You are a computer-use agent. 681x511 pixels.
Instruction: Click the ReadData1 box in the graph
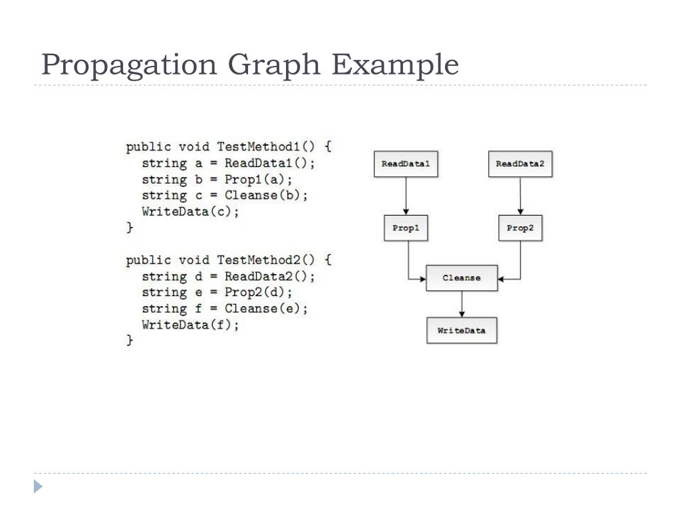click(x=406, y=164)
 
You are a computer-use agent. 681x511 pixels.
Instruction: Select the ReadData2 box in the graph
click(x=520, y=164)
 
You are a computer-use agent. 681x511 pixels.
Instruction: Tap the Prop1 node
click(x=406, y=228)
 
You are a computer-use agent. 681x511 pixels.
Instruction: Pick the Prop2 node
click(x=520, y=228)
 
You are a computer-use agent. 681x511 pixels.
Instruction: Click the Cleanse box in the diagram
click(x=462, y=278)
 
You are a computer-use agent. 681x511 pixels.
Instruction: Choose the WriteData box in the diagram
click(x=462, y=330)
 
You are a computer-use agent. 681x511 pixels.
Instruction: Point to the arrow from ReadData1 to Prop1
click(x=406, y=196)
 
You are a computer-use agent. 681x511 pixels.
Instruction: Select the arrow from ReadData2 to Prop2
click(x=520, y=196)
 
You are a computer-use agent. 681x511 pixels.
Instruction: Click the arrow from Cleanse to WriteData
click(x=462, y=304)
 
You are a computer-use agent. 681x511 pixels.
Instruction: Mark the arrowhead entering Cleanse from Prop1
click(x=422, y=279)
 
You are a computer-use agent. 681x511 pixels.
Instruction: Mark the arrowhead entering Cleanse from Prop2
click(x=502, y=279)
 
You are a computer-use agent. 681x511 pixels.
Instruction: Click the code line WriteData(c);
click(x=190, y=212)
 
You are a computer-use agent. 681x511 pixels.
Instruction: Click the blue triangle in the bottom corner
click(x=39, y=487)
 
